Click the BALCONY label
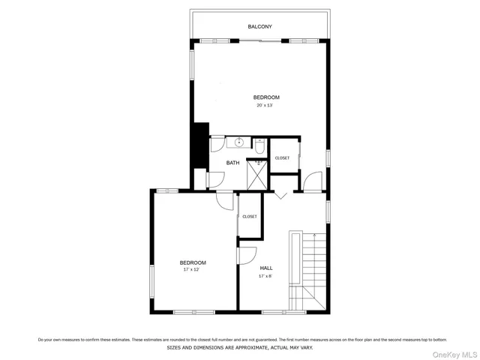click(259, 27)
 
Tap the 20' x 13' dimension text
click(265, 106)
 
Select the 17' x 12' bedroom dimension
click(193, 269)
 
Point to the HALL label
click(266, 268)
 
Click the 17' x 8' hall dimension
click(266, 276)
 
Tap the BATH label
click(233, 163)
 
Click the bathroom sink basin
click(239, 142)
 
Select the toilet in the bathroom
click(259, 146)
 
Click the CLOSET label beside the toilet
click(282, 157)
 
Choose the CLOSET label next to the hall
click(249, 217)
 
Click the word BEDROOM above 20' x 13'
click(265, 97)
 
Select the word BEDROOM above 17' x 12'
click(193, 262)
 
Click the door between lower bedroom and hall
click(246, 256)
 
